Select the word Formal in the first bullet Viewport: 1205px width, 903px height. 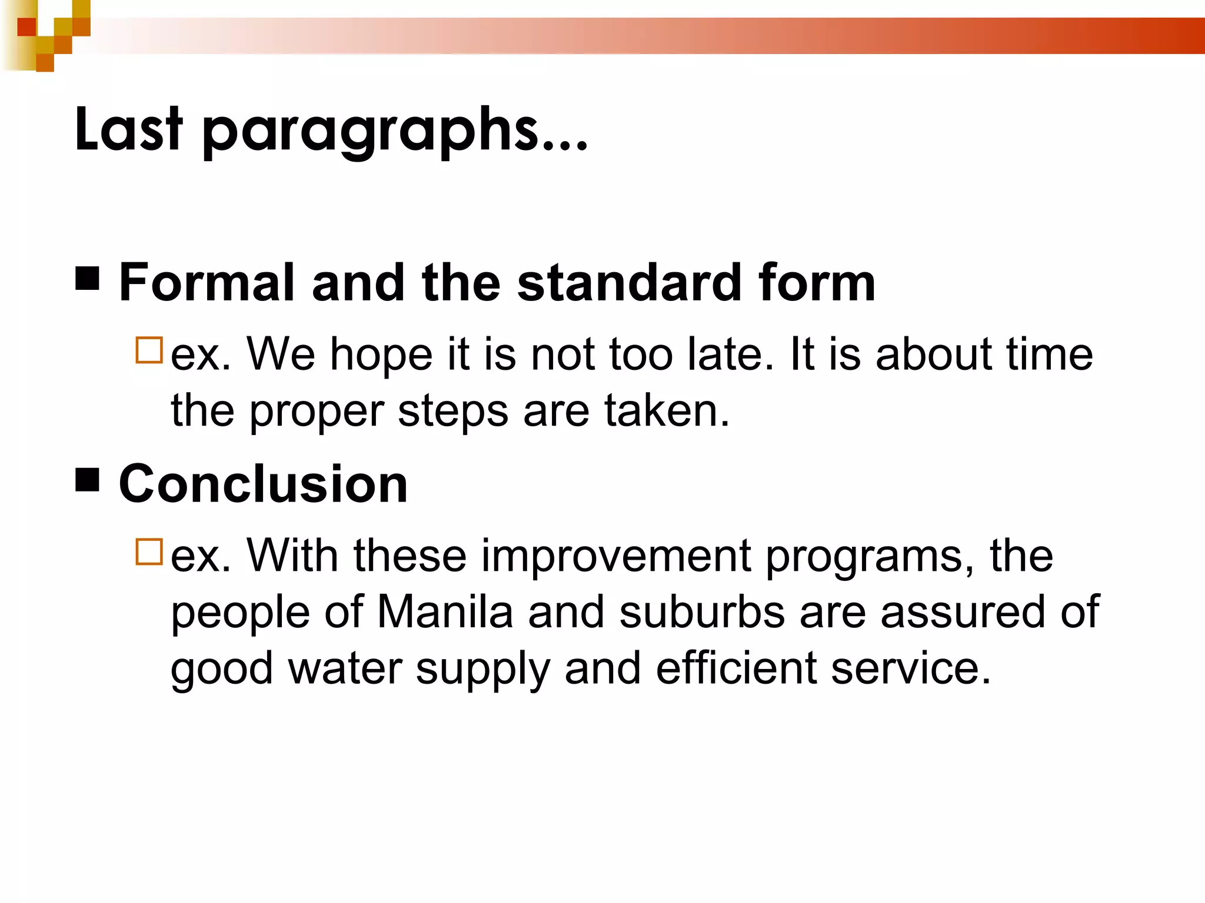(x=207, y=283)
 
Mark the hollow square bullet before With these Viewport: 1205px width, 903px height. (x=149, y=551)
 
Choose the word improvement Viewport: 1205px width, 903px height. (x=616, y=556)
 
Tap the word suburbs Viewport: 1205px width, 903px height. (x=702, y=612)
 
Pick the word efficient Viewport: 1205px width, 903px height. (x=736, y=668)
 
